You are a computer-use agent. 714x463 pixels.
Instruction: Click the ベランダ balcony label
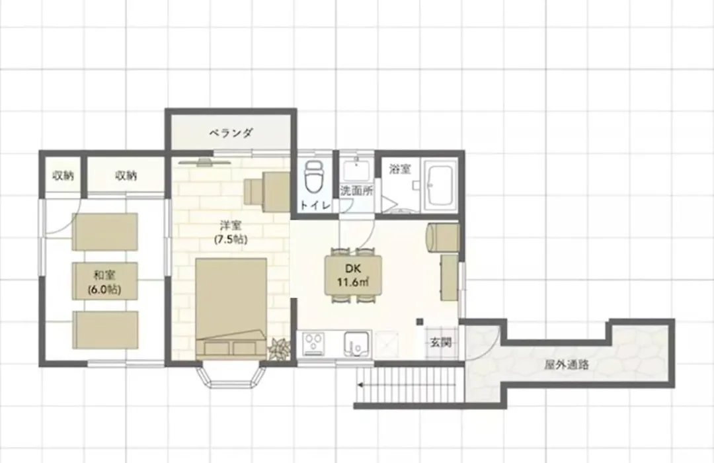[x=231, y=133]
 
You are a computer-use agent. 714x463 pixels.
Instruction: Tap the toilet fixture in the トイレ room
[x=313, y=176]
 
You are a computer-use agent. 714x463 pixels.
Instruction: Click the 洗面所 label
[x=357, y=190]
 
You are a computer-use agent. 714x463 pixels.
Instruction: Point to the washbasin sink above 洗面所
[x=356, y=171]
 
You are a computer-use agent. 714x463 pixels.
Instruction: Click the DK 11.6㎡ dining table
[x=353, y=275]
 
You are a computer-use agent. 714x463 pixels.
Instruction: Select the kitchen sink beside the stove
[x=356, y=343]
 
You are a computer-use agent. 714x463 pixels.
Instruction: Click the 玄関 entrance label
[x=441, y=342]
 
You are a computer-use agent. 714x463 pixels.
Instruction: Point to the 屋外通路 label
[x=567, y=364]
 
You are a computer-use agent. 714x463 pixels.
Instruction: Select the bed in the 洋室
[x=231, y=308]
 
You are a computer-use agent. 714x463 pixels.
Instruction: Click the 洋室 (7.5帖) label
[x=231, y=232]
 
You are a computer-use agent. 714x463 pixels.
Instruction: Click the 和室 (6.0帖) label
[x=104, y=282]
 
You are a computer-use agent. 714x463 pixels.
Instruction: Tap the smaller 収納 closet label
[x=63, y=175]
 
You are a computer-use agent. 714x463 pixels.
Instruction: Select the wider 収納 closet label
[x=126, y=175]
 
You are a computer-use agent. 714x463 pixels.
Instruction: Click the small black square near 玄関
[x=420, y=321]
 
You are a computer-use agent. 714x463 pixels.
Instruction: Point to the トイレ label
[x=315, y=206]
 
